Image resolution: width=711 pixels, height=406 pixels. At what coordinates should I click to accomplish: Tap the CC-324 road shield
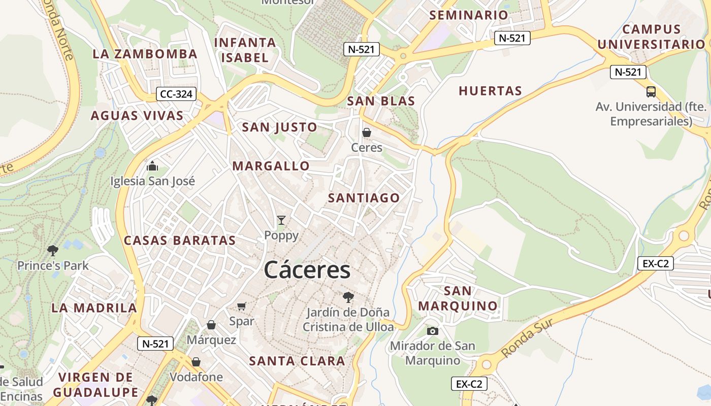(x=177, y=94)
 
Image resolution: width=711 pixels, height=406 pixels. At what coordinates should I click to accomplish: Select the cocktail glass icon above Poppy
(x=281, y=220)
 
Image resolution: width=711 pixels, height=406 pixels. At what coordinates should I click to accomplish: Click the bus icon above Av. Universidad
(x=651, y=92)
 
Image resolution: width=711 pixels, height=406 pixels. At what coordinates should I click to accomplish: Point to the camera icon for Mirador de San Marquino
(x=433, y=331)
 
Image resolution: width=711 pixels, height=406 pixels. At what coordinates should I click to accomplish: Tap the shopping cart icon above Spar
(x=242, y=306)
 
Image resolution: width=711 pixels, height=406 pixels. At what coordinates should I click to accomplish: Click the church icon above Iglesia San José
(x=152, y=166)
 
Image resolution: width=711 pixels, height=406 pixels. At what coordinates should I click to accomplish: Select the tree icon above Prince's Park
(x=52, y=250)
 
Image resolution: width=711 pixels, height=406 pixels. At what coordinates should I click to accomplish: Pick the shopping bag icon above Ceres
(x=367, y=132)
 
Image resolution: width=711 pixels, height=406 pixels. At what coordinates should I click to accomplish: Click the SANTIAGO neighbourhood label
(x=364, y=198)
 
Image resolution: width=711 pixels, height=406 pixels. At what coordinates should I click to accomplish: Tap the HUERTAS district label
(x=491, y=91)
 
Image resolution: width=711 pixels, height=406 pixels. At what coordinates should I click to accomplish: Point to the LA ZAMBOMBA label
(x=145, y=54)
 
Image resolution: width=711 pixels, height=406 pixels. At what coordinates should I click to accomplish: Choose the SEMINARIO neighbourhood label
(x=469, y=15)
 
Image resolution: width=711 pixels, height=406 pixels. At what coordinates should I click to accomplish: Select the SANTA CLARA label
(x=297, y=361)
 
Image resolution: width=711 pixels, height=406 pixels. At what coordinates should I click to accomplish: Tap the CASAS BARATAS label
(x=180, y=240)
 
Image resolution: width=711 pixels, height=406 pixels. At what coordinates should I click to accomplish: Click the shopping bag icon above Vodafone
(x=196, y=362)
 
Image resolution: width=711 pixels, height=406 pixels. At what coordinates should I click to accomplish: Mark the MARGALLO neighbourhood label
(x=271, y=166)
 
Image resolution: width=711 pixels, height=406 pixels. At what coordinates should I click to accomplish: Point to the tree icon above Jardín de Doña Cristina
(x=348, y=297)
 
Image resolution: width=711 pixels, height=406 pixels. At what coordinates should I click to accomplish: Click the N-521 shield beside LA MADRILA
(x=155, y=344)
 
